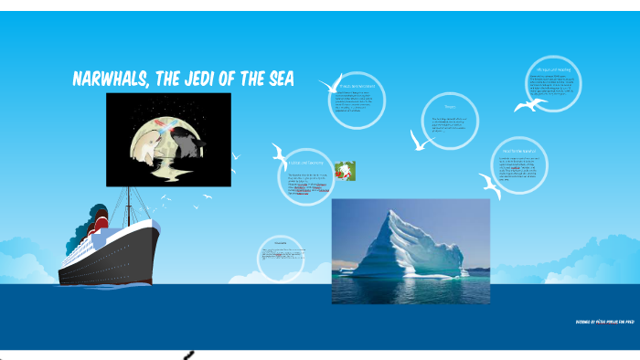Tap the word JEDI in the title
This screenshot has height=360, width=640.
(224, 79)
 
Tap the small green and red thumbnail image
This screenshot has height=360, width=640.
(345, 171)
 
